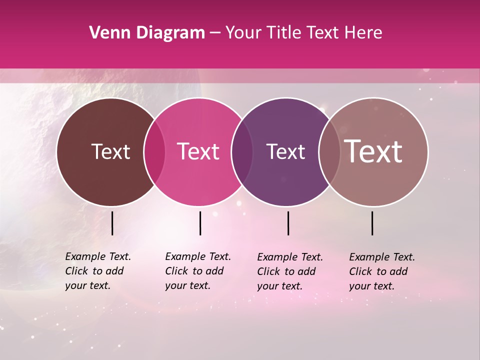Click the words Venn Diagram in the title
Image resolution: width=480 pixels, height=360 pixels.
tap(147, 33)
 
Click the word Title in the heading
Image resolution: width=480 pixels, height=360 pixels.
tap(283, 33)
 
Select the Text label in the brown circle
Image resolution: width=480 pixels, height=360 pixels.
tap(110, 151)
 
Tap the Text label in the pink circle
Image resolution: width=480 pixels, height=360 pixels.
tap(198, 151)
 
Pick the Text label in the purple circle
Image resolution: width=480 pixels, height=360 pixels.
tap(285, 151)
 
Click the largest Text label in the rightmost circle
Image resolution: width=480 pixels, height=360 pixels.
tap(373, 151)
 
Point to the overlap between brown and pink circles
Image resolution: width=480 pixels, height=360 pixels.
tap(154, 151)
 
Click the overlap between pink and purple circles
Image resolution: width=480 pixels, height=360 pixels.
tap(241, 151)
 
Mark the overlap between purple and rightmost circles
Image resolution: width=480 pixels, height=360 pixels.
tap(328, 151)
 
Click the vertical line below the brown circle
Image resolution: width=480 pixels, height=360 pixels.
tap(112, 223)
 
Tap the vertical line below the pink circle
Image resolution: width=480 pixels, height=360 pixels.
tap(200, 223)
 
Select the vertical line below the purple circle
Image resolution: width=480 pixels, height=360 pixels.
tap(288, 223)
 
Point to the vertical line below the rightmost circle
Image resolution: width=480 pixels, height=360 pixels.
tap(372, 223)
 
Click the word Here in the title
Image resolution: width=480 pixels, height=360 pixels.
tap(363, 33)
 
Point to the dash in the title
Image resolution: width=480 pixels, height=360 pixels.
tap(214, 33)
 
